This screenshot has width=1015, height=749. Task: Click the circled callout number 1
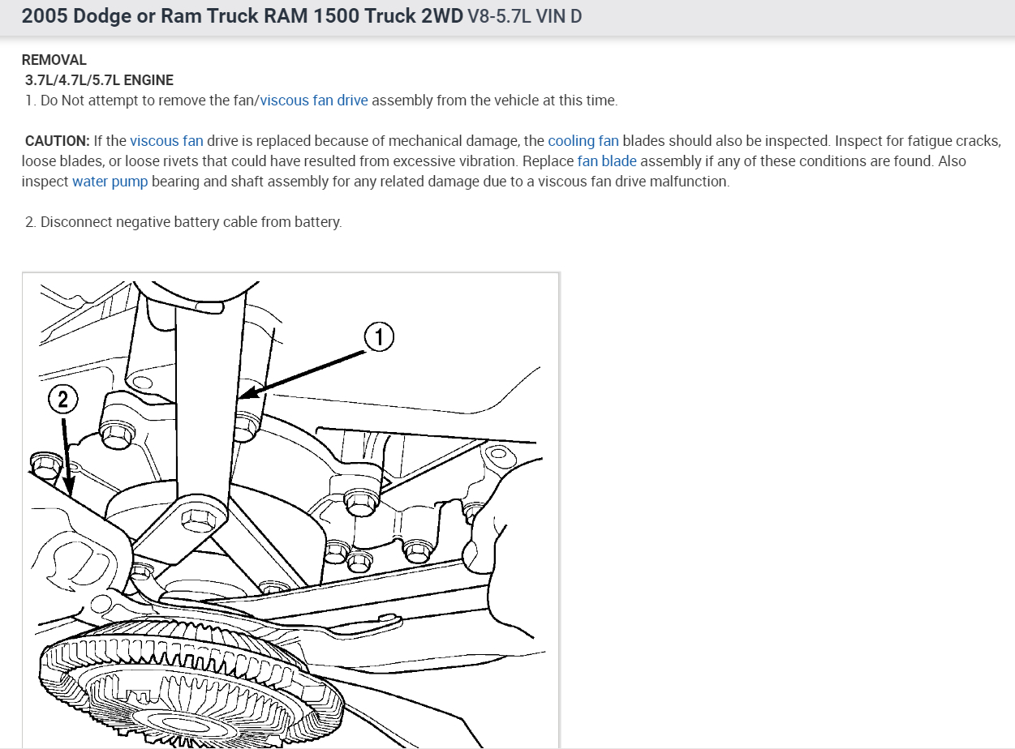click(379, 337)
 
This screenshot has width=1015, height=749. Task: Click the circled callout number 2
click(62, 399)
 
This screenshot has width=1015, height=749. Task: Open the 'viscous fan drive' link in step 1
click(314, 101)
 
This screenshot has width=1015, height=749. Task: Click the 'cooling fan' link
click(583, 141)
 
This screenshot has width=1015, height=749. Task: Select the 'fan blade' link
click(607, 161)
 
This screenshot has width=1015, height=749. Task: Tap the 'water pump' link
click(110, 182)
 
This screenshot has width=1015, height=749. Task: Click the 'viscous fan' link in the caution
click(166, 141)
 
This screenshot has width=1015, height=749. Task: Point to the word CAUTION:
click(58, 141)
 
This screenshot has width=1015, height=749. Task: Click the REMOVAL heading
click(54, 60)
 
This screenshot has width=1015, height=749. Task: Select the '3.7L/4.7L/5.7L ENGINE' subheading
click(99, 80)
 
